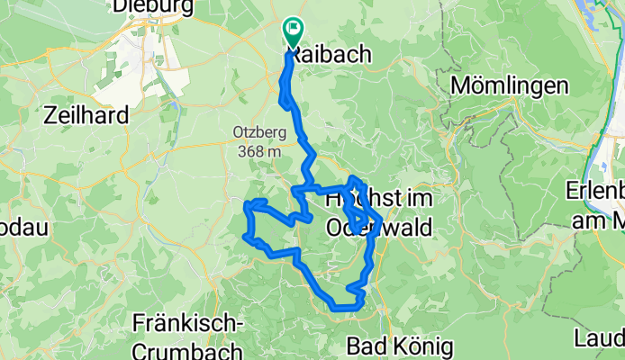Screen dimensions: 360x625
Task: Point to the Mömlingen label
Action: coord(510,86)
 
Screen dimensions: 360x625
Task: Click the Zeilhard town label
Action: coord(86,114)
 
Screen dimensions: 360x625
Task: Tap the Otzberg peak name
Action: coord(259,131)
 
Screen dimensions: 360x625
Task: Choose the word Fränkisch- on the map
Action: coord(186,321)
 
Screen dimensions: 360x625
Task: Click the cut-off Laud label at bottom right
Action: coord(600,339)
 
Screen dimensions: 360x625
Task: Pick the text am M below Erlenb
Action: coord(595,220)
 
